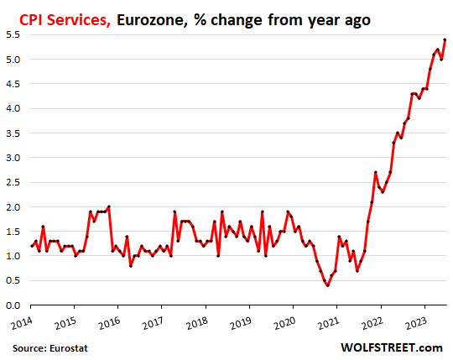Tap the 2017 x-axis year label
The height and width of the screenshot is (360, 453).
coord(152,323)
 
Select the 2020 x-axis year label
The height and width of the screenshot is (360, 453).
coord(284,323)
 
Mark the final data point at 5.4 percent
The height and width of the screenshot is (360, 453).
coord(445,39)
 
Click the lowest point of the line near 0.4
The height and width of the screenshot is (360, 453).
coord(327,285)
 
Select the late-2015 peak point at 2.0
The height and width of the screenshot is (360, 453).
coord(109,206)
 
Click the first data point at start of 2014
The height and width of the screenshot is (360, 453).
coord(32,246)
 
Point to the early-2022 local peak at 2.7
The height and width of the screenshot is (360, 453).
coord(376,172)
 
